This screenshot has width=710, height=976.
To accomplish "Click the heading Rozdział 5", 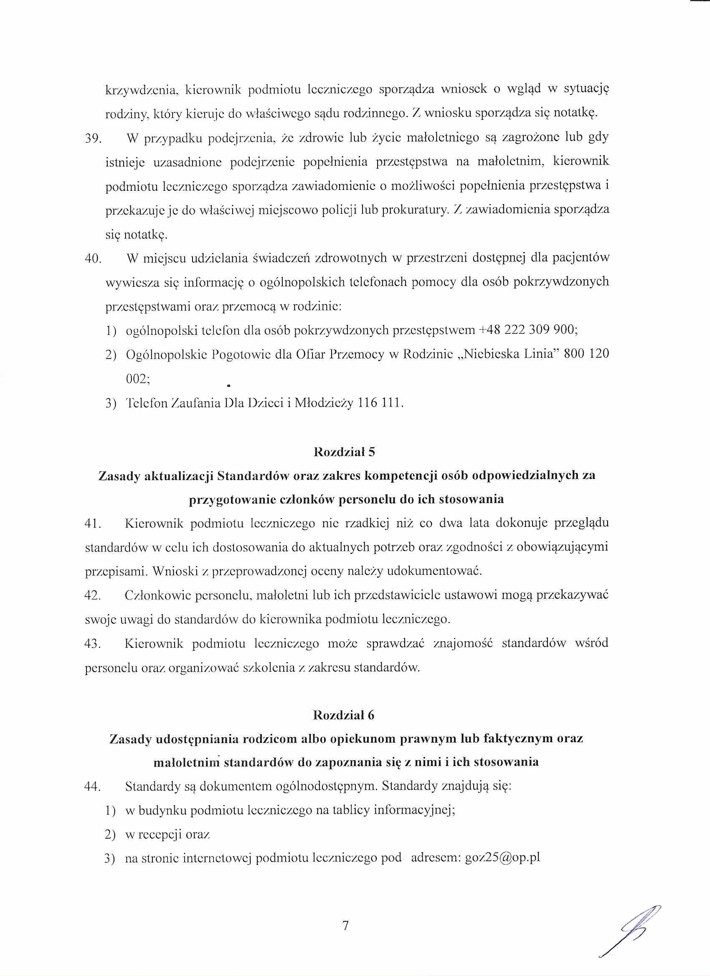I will click(345, 452).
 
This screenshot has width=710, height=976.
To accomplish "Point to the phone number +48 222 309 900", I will click(528, 330).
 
